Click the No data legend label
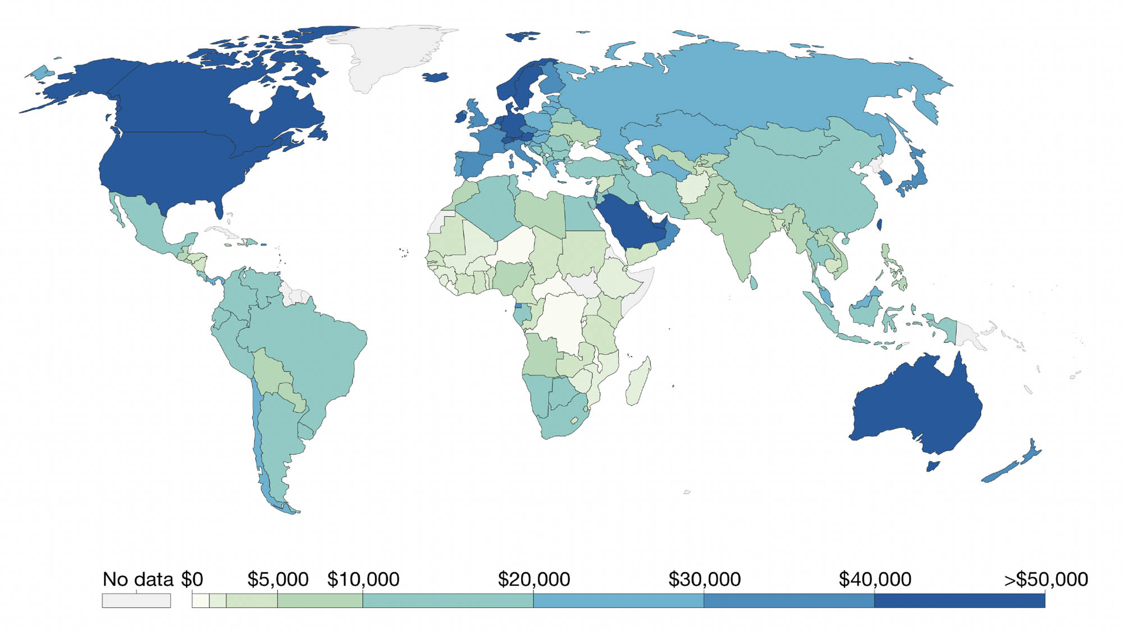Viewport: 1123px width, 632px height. [138, 579]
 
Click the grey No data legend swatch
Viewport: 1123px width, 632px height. [136, 601]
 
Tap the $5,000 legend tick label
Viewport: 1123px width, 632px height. [277, 579]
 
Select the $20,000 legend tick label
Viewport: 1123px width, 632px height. [533, 579]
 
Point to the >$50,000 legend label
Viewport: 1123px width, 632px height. [1046, 579]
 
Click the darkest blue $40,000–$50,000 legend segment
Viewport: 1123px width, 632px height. [959, 601]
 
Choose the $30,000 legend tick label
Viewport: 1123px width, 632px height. [704, 579]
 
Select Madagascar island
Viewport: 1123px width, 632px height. [639, 382]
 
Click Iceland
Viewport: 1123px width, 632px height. [435, 77]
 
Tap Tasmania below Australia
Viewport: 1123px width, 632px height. [933, 466]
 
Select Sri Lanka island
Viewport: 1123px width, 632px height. [754, 282]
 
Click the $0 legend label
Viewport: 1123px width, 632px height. [192, 579]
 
